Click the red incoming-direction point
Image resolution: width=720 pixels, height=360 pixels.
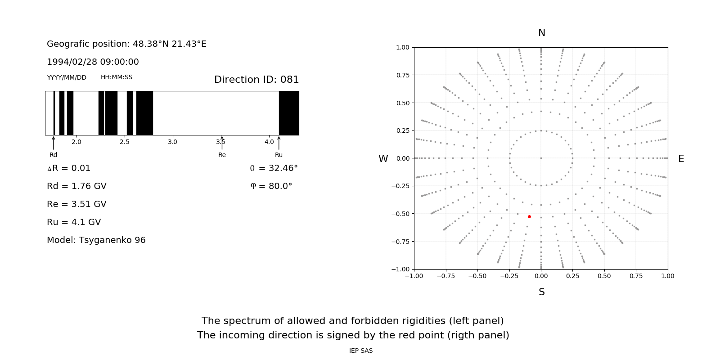coord(529,217)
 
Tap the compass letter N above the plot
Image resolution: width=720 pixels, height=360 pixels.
coord(542,33)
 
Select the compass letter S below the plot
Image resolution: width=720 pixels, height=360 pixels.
coord(542,292)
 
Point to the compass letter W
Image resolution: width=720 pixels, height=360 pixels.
coord(383,159)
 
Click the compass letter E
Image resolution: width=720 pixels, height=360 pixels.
coord(681,159)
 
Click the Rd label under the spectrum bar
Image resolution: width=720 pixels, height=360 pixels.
coord(54,155)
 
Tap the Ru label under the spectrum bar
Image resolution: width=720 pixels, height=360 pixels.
coord(279,155)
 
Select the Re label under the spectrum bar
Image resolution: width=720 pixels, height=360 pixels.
coord(222,155)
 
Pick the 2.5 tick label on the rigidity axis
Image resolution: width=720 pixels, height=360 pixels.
coord(125,142)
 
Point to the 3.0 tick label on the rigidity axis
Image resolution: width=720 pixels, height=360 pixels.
coord(172,142)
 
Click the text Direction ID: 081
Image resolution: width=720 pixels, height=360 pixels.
coord(256,80)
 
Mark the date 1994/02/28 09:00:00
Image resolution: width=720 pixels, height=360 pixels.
coord(93,62)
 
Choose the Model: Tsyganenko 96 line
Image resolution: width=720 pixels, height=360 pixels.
coord(96,240)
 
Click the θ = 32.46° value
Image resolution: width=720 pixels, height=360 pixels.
coord(274,168)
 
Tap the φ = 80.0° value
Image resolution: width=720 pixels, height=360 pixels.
coord(271,186)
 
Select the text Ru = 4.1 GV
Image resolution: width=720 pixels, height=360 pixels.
coord(74,222)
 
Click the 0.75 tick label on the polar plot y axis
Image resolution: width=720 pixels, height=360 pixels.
coord(403,75)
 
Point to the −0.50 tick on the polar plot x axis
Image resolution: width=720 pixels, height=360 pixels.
coord(477,276)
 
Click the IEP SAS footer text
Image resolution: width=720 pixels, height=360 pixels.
coord(361,351)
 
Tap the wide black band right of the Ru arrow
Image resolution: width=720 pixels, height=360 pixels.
coord(289,113)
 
